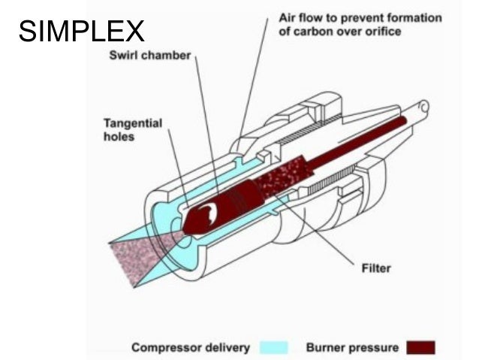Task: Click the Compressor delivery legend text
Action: click(191, 348)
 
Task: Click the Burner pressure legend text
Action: click(351, 348)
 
